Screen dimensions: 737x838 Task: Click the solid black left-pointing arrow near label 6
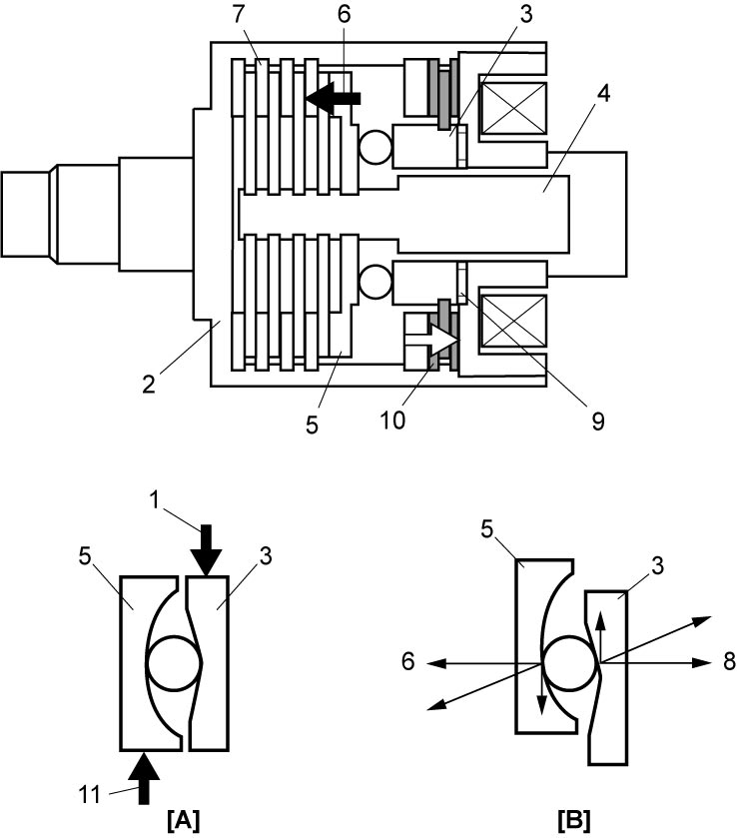(x=333, y=98)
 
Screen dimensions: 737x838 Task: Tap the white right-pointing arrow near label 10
(x=431, y=340)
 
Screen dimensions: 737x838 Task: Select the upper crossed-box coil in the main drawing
(x=514, y=109)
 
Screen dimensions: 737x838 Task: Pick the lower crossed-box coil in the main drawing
(x=514, y=321)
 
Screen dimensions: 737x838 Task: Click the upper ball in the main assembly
(x=375, y=147)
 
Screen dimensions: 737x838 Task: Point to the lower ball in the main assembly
(x=375, y=283)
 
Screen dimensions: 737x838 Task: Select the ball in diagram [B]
(x=569, y=662)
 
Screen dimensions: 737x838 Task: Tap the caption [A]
(x=183, y=820)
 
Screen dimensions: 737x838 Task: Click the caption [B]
(x=573, y=820)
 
